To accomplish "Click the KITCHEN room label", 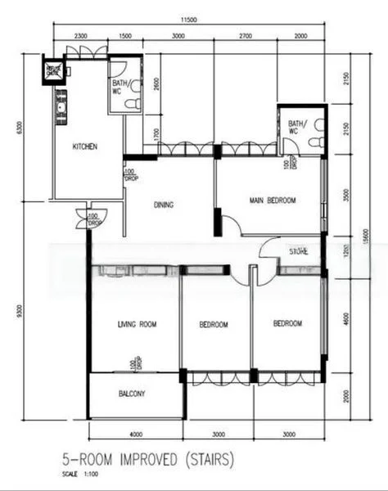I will [85, 146].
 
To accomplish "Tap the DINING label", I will [164, 205].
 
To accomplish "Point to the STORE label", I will [298, 251].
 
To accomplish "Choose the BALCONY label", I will [132, 394].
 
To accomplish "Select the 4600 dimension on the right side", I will [346, 323].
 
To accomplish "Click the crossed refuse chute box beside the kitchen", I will [54, 70].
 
